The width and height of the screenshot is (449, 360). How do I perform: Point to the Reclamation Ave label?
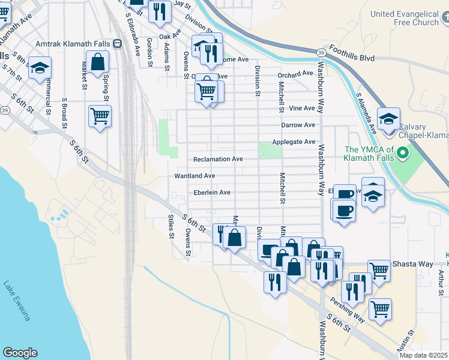[x=218, y=159]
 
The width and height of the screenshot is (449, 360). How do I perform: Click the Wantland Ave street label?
[x=194, y=176]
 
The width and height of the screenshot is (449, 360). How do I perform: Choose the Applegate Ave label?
[x=294, y=142]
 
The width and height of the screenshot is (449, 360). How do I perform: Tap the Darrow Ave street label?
[x=298, y=125]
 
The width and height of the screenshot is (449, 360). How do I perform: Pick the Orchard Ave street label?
[x=295, y=74]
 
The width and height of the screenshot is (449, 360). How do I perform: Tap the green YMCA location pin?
[x=403, y=155]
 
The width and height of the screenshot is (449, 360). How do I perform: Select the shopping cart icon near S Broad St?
[x=100, y=116]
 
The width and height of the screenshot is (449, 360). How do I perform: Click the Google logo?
[x=20, y=352]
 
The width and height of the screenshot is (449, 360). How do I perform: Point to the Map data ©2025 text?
[x=424, y=355]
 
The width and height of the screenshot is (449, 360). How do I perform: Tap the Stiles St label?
[x=171, y=226]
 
